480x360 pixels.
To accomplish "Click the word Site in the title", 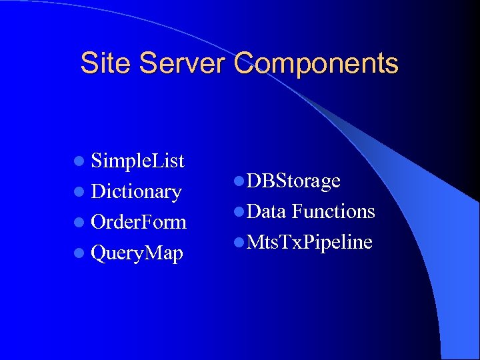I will tap(102, 64).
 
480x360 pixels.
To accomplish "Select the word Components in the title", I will tap(317, 64).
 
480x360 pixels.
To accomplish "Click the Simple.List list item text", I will tap(138, 161).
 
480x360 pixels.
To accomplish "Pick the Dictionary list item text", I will tap(137, 192).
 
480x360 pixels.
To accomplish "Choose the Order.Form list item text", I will tap(139, 222).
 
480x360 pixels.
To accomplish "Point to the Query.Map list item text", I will tap(137, 253).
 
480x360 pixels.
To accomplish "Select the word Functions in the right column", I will tap(333, 211).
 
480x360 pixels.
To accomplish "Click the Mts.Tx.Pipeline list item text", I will tap(309, 242).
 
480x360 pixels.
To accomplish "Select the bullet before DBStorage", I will tap(239, 181).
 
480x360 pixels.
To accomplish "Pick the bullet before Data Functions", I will tap(239, 212).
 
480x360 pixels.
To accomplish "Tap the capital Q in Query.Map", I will tap(99, 253).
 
